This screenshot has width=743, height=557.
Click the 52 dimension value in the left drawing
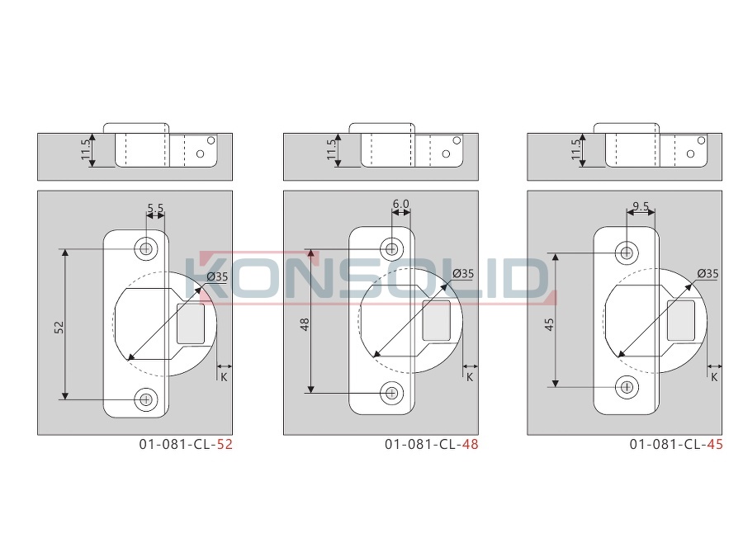pyautogui.click(x=59, y=328)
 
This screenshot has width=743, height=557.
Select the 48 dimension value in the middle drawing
pyautogui.click(x=305, y=324)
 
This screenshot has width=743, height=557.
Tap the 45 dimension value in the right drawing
pyautogui.click(x=549, y=324)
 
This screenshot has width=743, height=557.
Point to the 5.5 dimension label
pyautogui.click(x=155, y=208)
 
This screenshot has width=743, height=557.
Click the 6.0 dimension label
pyautogui.click(x=401, y=204)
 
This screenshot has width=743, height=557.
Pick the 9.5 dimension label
pyautogui.click(x=641, y=206)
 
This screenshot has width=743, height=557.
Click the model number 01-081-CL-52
pyautogui.click(x=186, y=444)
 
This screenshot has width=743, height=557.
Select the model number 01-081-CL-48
pyautogui.click(x=431, y=444)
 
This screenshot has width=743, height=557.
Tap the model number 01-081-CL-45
pyautogui.click(x=676, y=444)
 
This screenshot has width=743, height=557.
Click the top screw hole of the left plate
pyautogui.click(x=146, y=248)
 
